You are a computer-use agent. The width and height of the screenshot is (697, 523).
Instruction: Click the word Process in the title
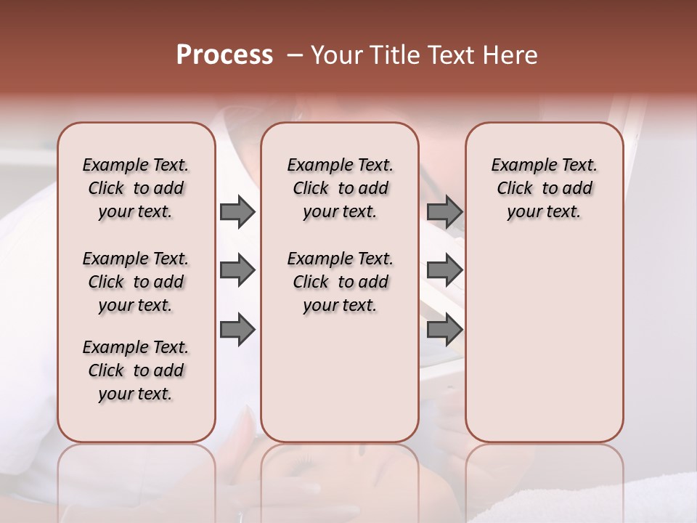(224, 55)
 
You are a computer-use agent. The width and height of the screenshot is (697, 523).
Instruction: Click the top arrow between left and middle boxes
(237, 211)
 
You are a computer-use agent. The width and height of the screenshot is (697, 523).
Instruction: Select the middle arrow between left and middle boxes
(237, 270)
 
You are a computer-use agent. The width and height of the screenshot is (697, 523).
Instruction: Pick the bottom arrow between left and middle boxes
(237, 330)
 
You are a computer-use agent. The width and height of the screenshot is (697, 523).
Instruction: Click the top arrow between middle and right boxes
(445, 211)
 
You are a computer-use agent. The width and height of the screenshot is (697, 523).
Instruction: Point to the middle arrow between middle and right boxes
(445, 270)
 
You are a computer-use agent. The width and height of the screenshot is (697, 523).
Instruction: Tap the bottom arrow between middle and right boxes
(445, 330)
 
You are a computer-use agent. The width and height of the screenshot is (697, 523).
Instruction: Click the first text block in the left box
(136, 188)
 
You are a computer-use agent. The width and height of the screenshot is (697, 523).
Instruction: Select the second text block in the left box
(136, 282)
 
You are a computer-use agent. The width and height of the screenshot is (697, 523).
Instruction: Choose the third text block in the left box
(136, 370)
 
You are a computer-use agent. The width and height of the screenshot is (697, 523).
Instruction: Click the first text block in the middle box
(340, 188)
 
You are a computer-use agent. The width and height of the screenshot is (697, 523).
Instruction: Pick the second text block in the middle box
(340, 282)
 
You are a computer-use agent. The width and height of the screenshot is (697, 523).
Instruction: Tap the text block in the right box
(545, 188)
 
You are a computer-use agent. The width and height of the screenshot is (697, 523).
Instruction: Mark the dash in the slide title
(294, 55)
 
